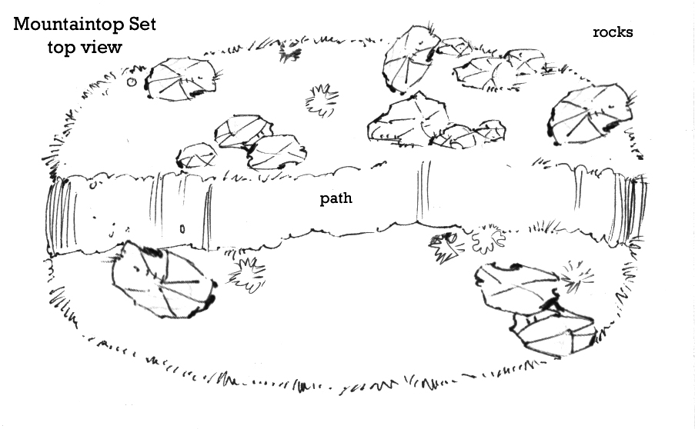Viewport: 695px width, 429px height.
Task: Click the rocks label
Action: click(x=613, y=32)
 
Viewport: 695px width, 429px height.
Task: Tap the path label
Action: click(x=336, y=199)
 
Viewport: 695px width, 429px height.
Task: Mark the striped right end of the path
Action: click(x=635, y=205)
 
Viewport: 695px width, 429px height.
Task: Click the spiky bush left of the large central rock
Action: click(x=321, y=99)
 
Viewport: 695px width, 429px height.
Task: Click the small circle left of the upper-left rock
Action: click(x=132, y=81)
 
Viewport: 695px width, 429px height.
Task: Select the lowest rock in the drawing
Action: click(x=553, y=331)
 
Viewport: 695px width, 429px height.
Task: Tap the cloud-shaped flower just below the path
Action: click(x=486, y=239)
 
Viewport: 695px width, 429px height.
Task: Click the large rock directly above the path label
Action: click(x=409, y=119)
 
